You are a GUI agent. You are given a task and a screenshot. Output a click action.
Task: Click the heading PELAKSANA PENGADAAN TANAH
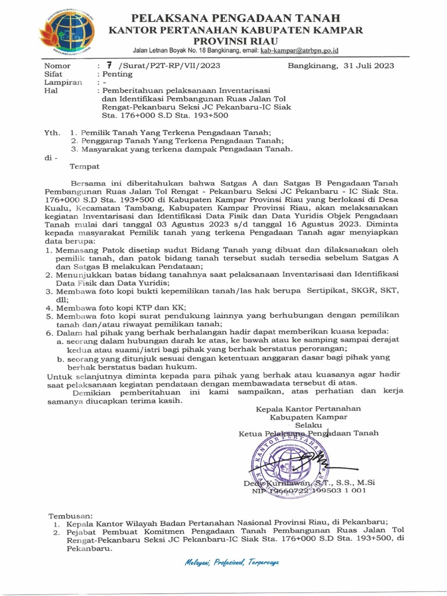pyautogui.click(x=236, y=18)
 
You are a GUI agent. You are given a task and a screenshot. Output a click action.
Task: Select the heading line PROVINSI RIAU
pyautogui.click(x=236, y=41)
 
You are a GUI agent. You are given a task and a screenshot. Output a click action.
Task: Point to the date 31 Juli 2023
pyautogui.click(x=368, y=66)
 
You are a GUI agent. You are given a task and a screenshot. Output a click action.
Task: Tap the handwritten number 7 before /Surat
pyautogui.click(x=109, y=65)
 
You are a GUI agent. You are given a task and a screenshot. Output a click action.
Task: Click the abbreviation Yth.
pyautogui.click(x=52, y=133)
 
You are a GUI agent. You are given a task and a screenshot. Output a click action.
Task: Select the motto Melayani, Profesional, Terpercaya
pyautogui.click(x=232, y=563)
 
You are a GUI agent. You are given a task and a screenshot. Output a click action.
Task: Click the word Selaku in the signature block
pyautogui.click(x=308, y=425)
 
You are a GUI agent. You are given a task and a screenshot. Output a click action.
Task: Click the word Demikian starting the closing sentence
pyautogui.click(x=94, y=393)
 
